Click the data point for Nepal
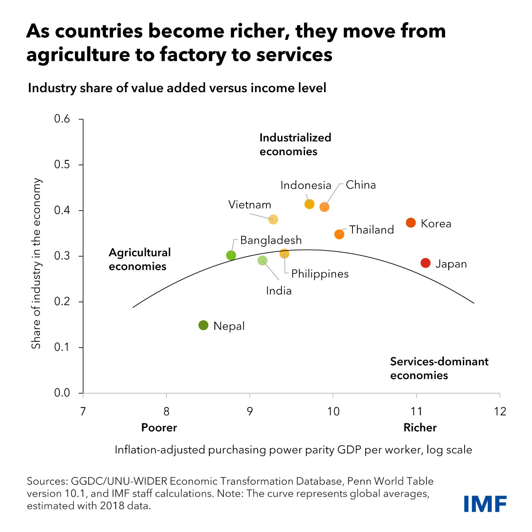(x=203, y=325)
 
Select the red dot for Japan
(x=426, y=263)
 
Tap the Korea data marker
(x=411, y=223)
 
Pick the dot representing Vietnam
(x=273, y=219)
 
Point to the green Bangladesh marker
(x=231, y=255)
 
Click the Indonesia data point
(x=309, y=204)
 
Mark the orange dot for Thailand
(x=339, y=234)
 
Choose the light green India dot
(x=262, y=260)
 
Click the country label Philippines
(x=320, y=274)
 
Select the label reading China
(x=360, y=185)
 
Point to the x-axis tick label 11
(x=416, y=411)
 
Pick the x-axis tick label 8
(x=166, y=411)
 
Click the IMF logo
(x=485, y=504)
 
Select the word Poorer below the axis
(x=159, y=428)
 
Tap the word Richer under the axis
(x=420, y=428)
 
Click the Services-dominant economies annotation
(x=439, y=368)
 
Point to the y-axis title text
(x=36, y=263)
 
